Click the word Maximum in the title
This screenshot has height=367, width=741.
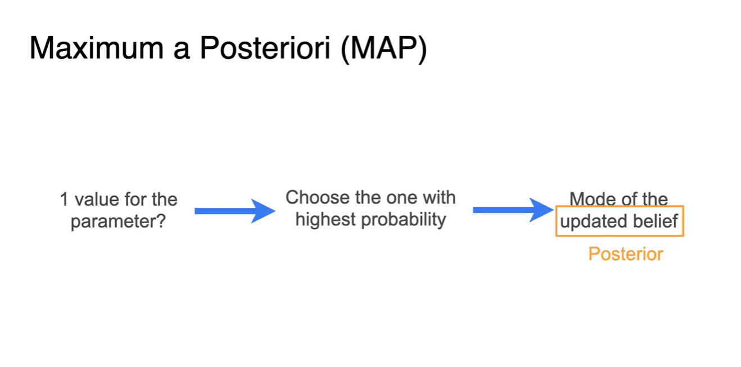[x=96, y=48]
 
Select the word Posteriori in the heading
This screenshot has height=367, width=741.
[x=265, y=48]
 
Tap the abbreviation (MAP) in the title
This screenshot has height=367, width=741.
[x=384, y=49]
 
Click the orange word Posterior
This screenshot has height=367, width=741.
[x=626, y=254]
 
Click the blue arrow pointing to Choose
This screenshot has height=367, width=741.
[x=235, y=211]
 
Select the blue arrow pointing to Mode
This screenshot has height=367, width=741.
[x=513, y=210]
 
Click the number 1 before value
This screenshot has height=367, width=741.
[x=64, y=200]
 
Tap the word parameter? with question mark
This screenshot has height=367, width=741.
[x=118, y=221]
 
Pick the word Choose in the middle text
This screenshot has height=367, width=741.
[x=318, y=197]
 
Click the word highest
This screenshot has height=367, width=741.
[x=326, y=219]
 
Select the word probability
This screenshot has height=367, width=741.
[x=404, y=219]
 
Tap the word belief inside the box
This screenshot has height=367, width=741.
[x=656, y=221]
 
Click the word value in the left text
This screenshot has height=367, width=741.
[x=97, y=200]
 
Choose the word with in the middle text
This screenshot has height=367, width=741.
[x=440, y=197]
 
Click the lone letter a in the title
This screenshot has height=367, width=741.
[x=182, y=52]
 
